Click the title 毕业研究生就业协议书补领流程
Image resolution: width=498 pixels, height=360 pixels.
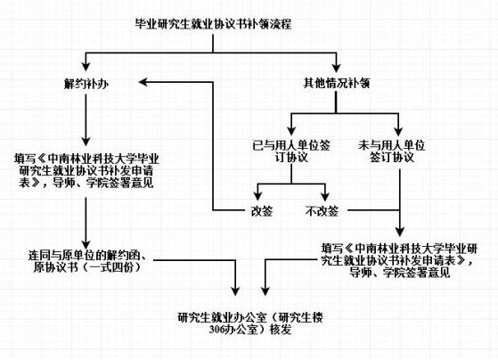[x=213, y=24]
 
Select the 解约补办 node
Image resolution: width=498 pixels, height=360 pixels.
[x=86, y=84]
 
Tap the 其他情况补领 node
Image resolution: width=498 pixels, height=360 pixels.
[x=337, y=83]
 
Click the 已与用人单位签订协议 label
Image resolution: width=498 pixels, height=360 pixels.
[x=291, y=151]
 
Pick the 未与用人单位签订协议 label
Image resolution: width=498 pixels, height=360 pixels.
[x=392, y=151]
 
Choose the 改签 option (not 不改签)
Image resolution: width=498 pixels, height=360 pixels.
[x=262, y=211]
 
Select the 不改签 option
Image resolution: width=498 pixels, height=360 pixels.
[x=322, y=211]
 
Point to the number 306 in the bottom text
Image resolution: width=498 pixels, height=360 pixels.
[x=216, y=330]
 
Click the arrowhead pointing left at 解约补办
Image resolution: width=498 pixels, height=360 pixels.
[x=143, y=82]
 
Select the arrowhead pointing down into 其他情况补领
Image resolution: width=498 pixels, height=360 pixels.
[x=336, y=68]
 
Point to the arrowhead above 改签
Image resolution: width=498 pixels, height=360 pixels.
[x=258, y=196]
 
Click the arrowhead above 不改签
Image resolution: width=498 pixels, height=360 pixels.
[x=324, y=196]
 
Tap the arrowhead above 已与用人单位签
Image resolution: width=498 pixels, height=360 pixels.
[x=291, y=131]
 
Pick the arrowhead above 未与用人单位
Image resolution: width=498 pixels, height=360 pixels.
[x=398, y=131]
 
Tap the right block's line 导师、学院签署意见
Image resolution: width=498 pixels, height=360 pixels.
[x=400, y=273]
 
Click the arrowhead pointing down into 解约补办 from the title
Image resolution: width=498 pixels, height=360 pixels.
[x=86, y=67]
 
